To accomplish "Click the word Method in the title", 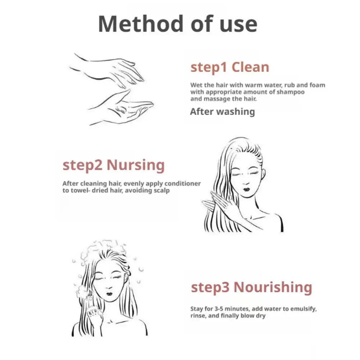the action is click(141, 24).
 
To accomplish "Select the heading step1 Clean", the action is click(230, 68).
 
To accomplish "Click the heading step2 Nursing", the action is click(114, 165).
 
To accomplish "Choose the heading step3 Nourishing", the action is click(251, 287).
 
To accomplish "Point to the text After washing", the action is click(223, 112).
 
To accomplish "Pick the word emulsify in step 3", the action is click(304, 309).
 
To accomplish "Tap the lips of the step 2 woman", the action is click(246, 190).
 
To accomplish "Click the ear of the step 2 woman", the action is click(263, 175).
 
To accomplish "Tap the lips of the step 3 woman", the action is click(109, 294).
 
